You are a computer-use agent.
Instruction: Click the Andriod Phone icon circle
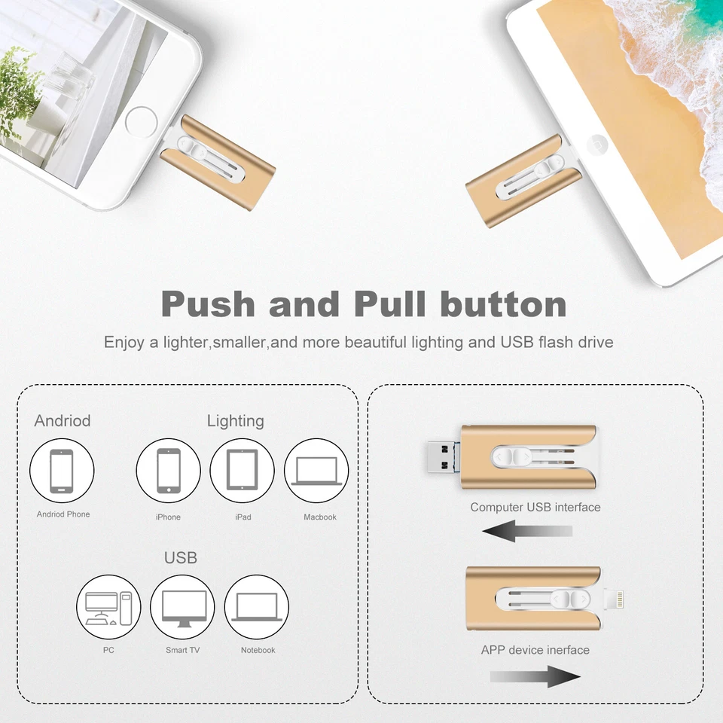coord(62,471)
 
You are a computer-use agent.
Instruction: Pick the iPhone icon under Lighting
coord(168,471)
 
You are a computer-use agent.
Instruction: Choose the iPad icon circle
coord(242,471)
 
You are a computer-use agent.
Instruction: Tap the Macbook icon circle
coord(316,471)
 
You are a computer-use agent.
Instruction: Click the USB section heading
coord(181,558)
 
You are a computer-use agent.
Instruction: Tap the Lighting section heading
coord(236,421)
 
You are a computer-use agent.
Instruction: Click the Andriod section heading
coord(63,421)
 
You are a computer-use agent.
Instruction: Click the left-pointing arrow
coord(527,531)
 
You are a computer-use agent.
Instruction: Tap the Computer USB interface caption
coord(535,508)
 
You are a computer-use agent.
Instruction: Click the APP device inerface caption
coord(535,650)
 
